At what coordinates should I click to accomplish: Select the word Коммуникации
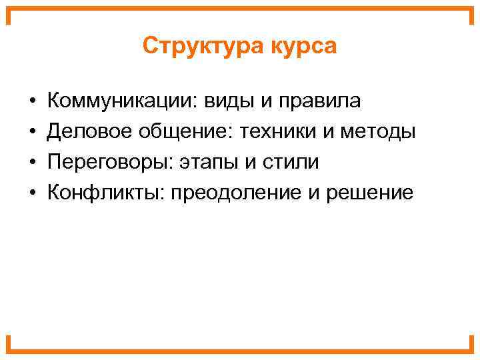[119, 101]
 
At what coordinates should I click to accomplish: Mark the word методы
[378, 132]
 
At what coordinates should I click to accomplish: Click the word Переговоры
[103, 163]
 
